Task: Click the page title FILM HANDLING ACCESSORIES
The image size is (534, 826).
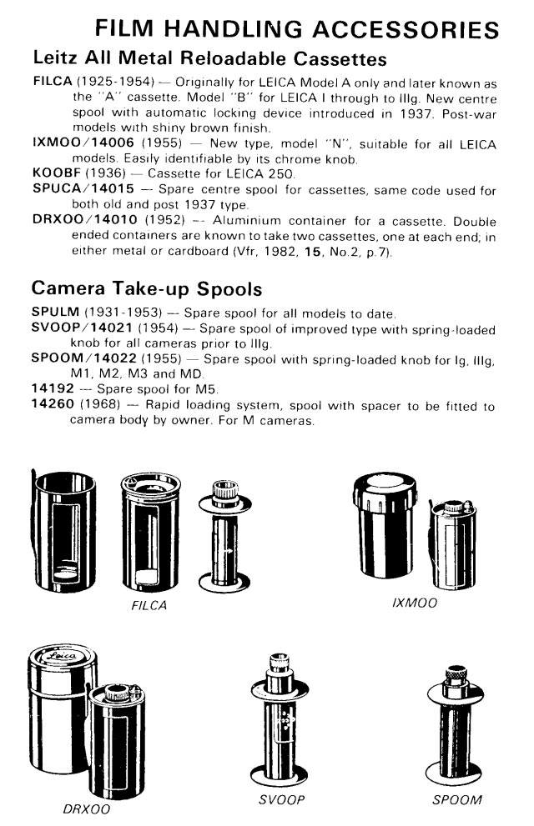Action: [x=298, y=29]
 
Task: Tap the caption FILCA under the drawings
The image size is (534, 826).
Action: [x=149, y=606]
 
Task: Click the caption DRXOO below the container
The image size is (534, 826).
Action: [x=86, y=808]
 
